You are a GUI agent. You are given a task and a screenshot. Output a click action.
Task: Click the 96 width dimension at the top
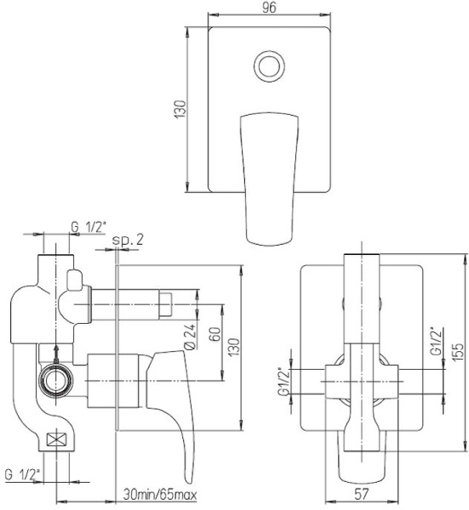coord(269,8)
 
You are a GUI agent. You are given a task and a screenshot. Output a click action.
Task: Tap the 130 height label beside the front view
coord(180,109)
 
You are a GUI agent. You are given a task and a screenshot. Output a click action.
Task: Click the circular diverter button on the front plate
coord(269,66)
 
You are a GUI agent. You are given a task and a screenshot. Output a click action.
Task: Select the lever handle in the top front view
coord(269,178)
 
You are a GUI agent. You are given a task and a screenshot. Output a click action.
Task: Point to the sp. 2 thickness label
coord(128,240)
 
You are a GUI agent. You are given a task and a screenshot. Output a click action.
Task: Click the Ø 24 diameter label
coord(190,337)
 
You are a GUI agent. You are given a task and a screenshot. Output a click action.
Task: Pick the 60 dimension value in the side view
coord(215,334)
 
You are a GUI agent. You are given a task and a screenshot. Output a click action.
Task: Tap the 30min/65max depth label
coord(160,495)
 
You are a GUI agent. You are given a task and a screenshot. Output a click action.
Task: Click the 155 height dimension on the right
coord(458,351)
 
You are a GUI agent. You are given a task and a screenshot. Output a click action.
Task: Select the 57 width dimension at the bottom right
coord(362,494)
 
